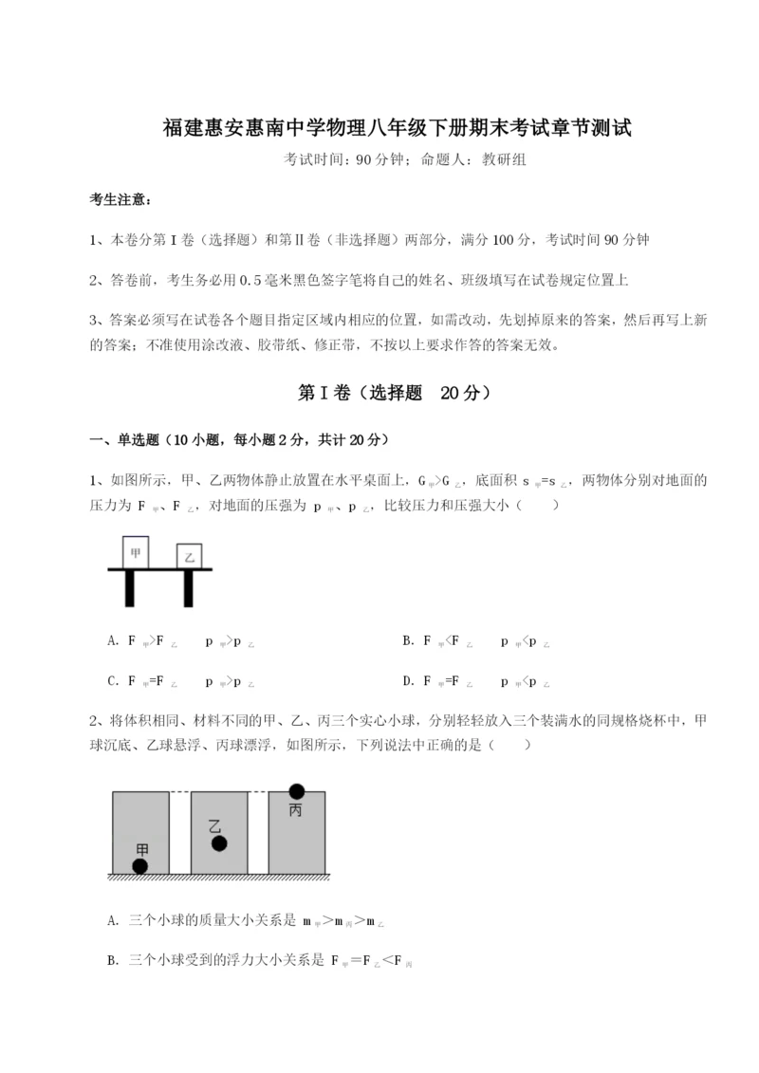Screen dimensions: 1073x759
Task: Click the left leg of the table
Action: point(129,588)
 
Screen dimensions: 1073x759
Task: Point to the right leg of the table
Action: point(190,588)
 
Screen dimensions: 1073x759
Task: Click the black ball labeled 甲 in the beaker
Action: point(140,865)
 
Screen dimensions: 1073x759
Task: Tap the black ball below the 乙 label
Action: point(219,843)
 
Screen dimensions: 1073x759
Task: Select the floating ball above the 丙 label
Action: point(297,790)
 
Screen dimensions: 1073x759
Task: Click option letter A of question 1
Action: point(114,641)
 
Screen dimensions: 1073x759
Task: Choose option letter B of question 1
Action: point(408,641)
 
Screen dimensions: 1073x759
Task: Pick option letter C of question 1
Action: point(114,680)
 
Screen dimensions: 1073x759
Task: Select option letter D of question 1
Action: point(408,680)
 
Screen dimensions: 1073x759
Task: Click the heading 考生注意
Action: point(120,200)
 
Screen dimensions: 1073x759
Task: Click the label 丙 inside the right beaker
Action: point(295,810)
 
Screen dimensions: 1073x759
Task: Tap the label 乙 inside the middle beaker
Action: point(214,824)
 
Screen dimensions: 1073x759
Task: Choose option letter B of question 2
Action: point(114,960)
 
